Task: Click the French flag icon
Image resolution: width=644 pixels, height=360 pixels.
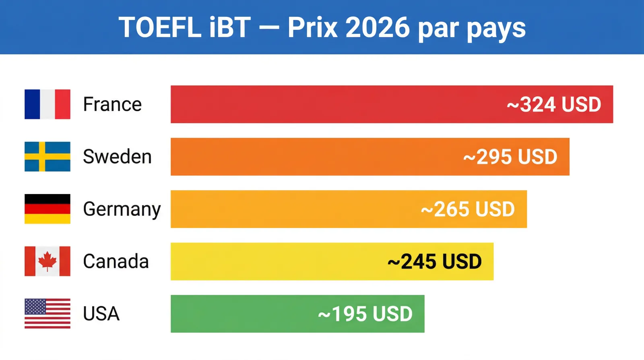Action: (x=47, y=104)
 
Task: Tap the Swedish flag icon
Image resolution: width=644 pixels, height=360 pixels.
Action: (x=47, y=157)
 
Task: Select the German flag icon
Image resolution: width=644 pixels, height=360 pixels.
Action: (x=47, y=209)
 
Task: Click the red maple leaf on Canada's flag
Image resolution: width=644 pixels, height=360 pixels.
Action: (x=47, y=261)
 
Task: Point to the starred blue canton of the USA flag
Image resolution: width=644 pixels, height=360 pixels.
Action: (x=35, y=306)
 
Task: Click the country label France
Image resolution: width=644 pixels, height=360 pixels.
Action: (x=112, y=104)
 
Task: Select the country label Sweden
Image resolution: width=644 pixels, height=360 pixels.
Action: (x=117, y=157)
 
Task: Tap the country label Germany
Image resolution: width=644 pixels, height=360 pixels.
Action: (x=122, y=209)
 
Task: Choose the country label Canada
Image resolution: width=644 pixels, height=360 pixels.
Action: (x=116, y=261)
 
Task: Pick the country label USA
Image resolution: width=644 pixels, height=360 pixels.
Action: (x=101, y=314)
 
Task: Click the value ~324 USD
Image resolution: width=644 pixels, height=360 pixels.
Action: (x=554, y=105)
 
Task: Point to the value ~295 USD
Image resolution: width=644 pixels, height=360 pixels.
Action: (x=510, y=157)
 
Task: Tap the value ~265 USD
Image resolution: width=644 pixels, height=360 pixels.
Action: (x=468, y=209)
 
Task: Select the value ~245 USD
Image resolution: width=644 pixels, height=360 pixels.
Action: (x=434, y=262)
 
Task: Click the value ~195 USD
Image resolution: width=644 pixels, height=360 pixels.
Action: (x=365, y=314)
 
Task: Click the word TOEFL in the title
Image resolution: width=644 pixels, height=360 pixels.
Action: (x=160, y=28)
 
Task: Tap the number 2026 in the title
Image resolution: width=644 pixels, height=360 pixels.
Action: (x=378, y=28)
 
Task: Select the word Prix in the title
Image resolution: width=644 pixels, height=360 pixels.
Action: (x=312, y=28)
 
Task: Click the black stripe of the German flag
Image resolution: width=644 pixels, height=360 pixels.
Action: (x=47, y=199)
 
